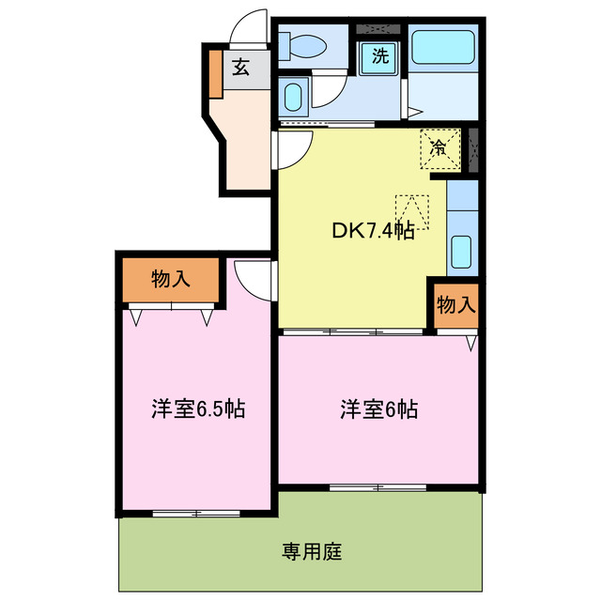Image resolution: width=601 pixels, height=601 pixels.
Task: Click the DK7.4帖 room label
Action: (x=372, y=231)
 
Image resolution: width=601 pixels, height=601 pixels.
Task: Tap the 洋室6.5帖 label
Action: (x=198, y=409)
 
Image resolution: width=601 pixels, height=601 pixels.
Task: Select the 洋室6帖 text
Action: (x=378, y=409)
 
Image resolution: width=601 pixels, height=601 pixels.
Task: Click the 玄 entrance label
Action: (x=240, y=67)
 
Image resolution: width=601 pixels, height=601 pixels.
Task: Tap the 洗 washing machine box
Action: (x=380, y=55)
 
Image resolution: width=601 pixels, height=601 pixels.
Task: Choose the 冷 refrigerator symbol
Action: (x=439, y=147)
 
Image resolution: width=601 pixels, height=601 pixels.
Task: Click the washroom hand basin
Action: (x=292, y=97)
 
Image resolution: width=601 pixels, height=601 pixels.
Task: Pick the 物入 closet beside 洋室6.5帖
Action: (x=171, y=279)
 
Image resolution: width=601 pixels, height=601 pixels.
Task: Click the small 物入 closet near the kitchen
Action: (x=456, y=304)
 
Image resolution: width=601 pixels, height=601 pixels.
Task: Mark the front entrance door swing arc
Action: (x=251, y=28)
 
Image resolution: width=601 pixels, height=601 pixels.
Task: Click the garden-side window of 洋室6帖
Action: (x=379, y=487)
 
